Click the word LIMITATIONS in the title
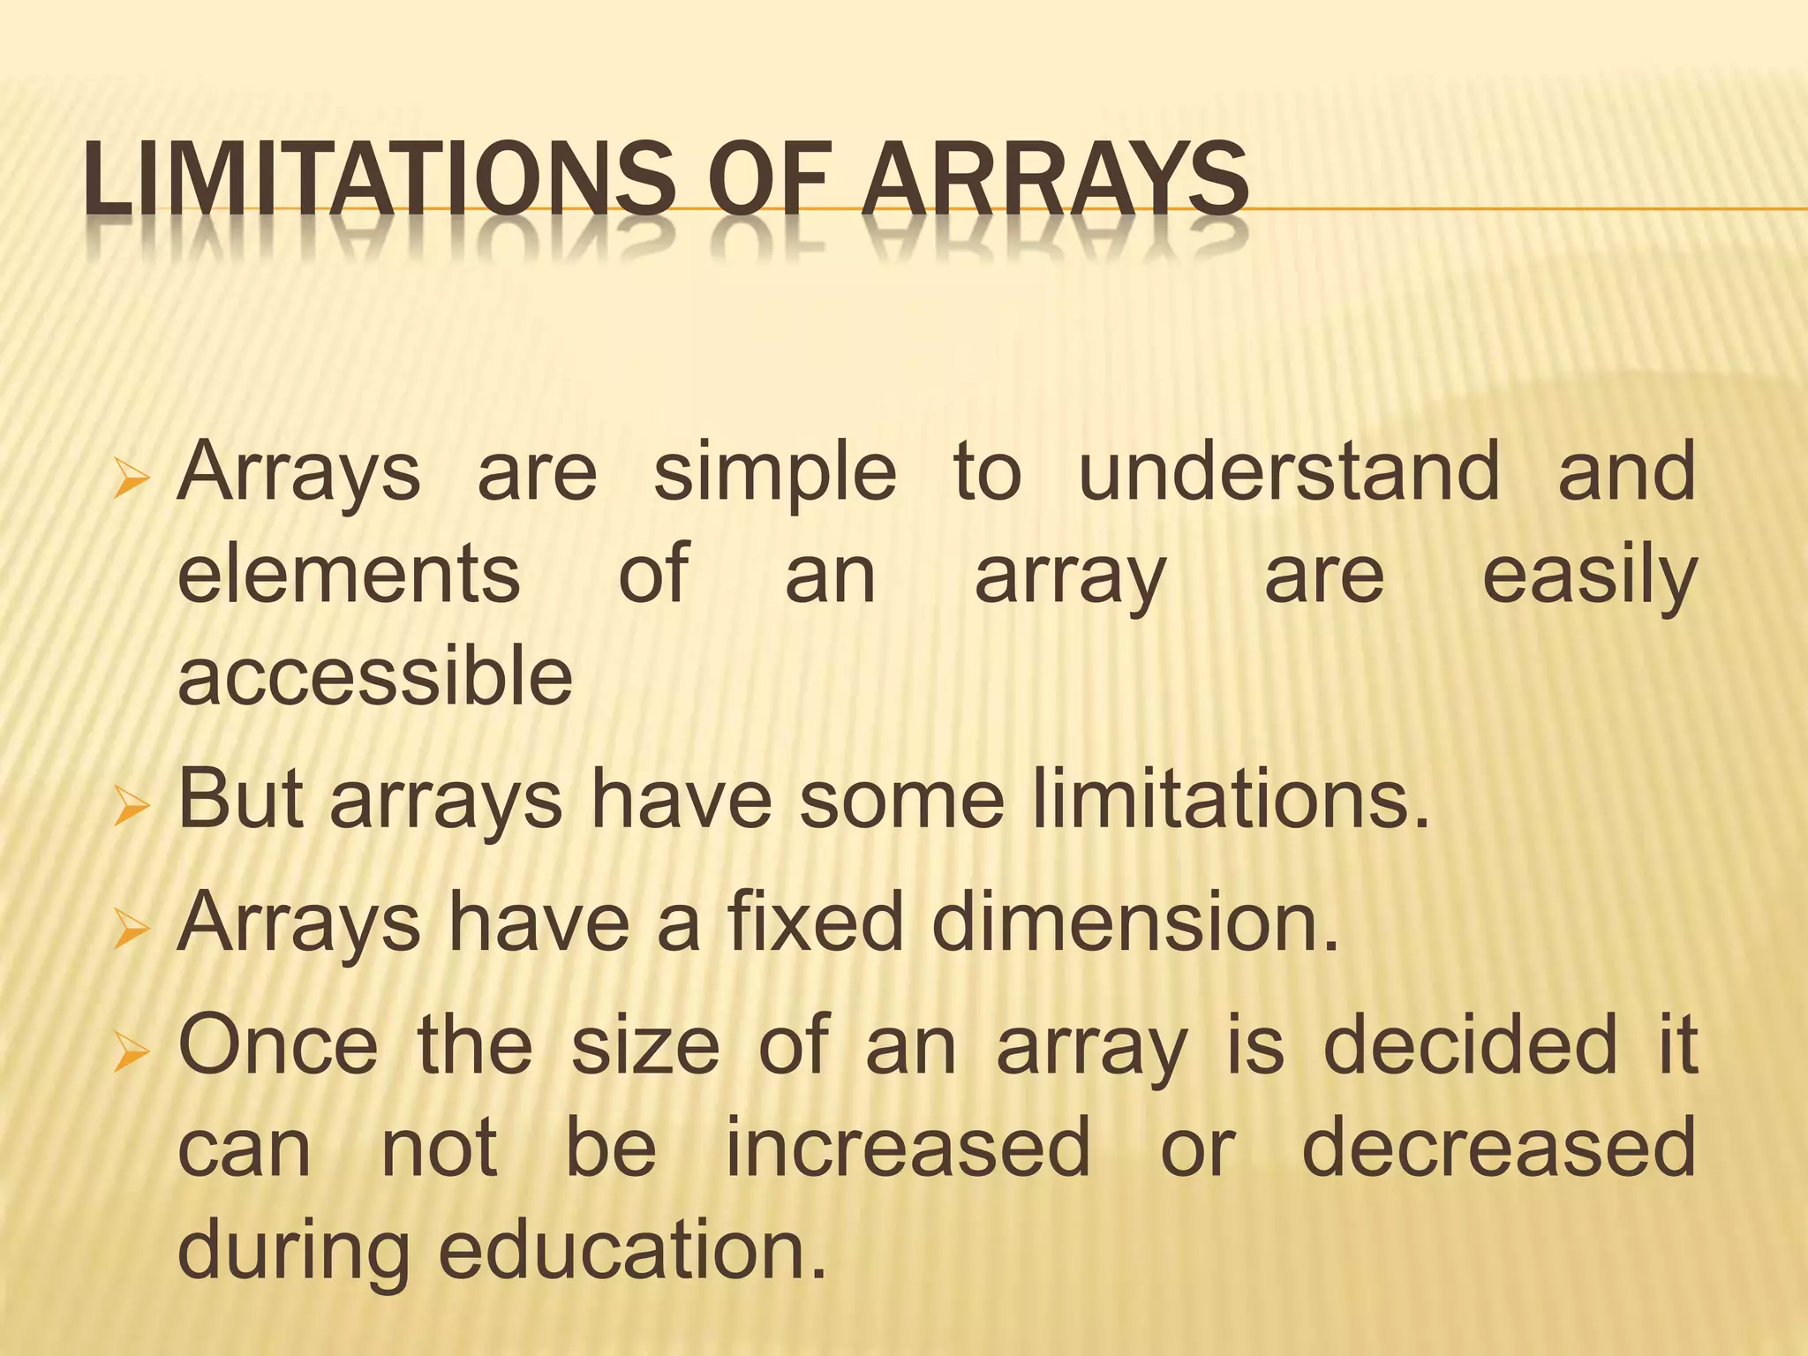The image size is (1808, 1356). coord(380,182)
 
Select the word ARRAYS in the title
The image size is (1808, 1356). coord(1055,182)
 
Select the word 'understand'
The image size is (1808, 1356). coord(1289,473)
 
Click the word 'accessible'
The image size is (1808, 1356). coord(376,675)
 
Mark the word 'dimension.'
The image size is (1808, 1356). coord(1135,922)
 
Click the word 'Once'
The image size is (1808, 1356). coord(278,1045)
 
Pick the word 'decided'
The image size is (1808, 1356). coord(1470,1045)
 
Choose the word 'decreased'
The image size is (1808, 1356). coord(1499,1148)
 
